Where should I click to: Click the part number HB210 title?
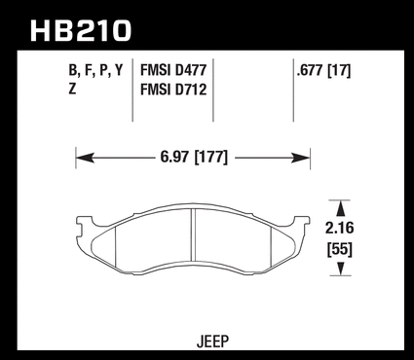click(x=81, y=30)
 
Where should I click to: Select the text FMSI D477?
click(x=173, y=71)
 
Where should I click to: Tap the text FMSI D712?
click(x=173, y=90)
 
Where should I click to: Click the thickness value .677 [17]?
click(x=323, y=71)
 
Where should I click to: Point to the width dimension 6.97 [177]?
click(x=194, y=158)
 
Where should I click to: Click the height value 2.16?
click(x=340, y=228)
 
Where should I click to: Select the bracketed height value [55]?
click(x=340, y=250)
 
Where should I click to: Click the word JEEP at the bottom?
click(x=212, y=342)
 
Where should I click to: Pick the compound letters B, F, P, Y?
click(x=96, y=70)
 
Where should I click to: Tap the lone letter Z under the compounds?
click(x=72, y=89)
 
